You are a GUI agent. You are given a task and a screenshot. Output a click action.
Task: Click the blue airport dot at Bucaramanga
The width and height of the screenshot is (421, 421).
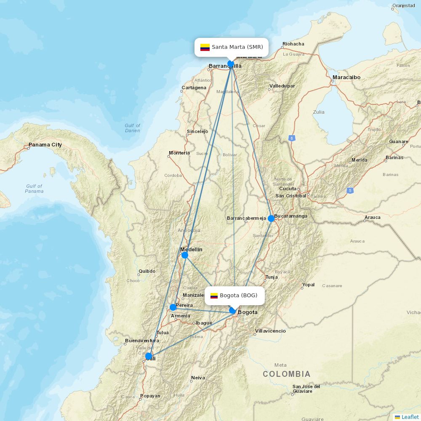click(271, 218)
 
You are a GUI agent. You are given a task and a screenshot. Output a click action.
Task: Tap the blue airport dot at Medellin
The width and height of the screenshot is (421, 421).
click(185, 255)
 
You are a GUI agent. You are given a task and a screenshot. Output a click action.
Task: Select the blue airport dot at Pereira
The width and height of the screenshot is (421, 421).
click(173, 307)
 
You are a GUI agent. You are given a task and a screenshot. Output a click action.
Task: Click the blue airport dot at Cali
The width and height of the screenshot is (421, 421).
click(149, 356)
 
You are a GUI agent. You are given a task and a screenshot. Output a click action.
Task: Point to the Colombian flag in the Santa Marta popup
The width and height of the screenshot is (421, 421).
click(205, 47)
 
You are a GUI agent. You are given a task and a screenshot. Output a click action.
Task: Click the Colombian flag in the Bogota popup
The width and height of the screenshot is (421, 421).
click(214, 296)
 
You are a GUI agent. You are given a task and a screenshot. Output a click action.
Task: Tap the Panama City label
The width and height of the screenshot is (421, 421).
click(45, 145)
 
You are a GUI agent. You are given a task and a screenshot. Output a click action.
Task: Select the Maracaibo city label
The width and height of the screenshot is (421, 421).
click(346, 77)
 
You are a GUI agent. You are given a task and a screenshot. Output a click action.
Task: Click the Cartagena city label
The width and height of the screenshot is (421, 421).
click(194, 88)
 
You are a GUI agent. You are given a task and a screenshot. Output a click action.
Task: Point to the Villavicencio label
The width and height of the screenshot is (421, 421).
click(270, 331)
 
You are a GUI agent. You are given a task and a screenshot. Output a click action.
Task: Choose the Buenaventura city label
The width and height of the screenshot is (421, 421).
click(142, 341)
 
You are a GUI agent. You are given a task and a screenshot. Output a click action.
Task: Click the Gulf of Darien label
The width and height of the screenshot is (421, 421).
click(132, 128)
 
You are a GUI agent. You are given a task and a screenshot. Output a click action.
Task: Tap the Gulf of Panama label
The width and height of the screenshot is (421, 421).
click(34, 189)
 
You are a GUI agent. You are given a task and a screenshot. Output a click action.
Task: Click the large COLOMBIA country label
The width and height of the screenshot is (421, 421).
click(287, 374)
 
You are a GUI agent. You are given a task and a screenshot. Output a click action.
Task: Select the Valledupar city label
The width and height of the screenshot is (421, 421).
click(282, 86)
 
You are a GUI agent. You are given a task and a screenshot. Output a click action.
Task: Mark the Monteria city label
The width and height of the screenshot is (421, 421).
click(179, 153)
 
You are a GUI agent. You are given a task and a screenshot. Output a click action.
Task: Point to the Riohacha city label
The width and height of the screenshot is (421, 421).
click(293, 44)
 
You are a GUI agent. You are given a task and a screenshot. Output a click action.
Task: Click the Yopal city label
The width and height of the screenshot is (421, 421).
click(308, 285)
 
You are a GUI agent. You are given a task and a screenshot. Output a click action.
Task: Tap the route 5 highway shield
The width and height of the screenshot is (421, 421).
click(350, 191)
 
